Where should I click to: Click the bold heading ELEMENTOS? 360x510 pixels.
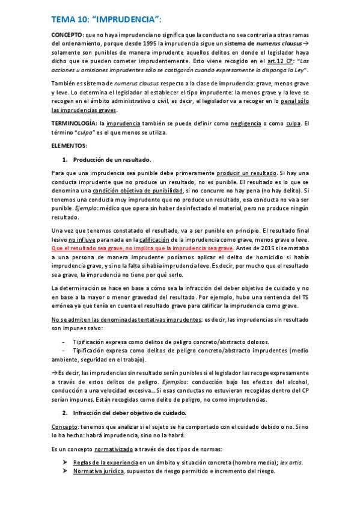70,146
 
